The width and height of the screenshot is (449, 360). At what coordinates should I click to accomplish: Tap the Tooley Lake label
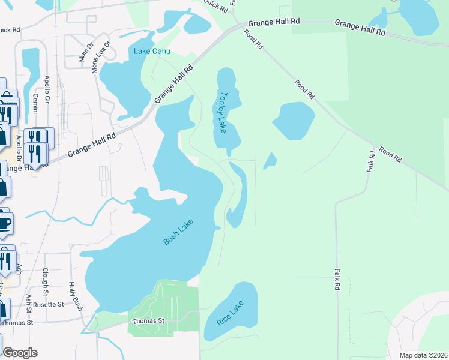coord(223,112)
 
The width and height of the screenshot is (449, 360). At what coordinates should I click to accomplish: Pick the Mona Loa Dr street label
coord(101,56)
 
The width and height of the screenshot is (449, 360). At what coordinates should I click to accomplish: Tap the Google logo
coord(20,353)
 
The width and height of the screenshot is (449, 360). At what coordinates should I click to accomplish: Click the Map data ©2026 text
coord(423,355)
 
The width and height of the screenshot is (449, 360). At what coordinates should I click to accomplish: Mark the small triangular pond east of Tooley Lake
coord(270,160)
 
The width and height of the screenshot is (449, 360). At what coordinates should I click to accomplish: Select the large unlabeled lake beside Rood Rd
coord(294,120)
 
